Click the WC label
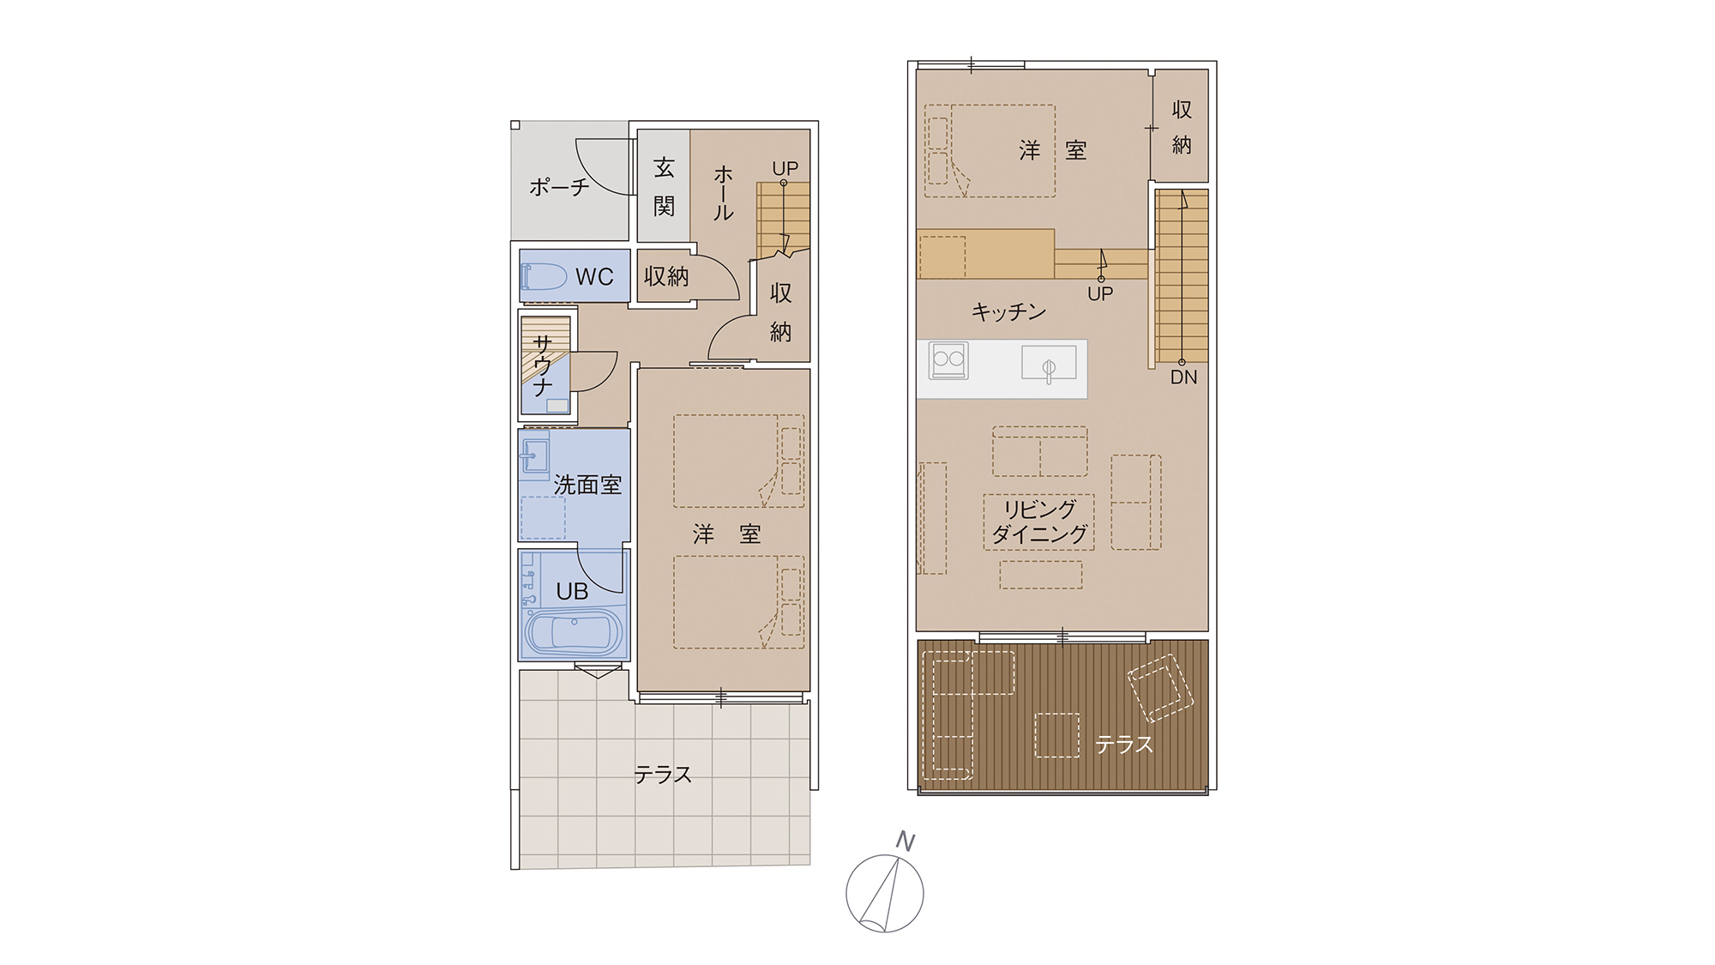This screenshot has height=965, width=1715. click(x=594, y=276)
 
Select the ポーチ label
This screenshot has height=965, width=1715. click(x=559, y=186)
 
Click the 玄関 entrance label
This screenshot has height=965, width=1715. click(x=664, y=187)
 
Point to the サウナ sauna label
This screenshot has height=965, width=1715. click(x=542, y=365)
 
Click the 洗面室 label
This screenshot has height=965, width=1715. click(x=587, y=485)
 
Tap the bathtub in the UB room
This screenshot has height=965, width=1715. click(x=573, y=633)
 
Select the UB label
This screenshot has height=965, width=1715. click(x=572, y=591)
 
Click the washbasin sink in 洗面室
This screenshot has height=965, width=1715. click(x=535, y=455)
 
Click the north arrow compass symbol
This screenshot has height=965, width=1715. click(x=884, y=893)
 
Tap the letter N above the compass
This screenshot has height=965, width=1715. click(x=905, y=841)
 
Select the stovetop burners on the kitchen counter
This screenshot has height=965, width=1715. click(x=948, y=360)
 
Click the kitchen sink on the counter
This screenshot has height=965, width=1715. click(x=1049, y=364)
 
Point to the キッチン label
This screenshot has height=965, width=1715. click(x=1008, y=311)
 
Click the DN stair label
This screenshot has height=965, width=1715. click(x=1183, y=377)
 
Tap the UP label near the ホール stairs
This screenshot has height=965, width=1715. click(x=785, y=168)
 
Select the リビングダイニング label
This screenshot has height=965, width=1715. click(x=1039, y=522)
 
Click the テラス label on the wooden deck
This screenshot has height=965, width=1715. click(x=1124, y=744)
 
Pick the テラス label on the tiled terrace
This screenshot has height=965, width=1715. click(x=663, y=775)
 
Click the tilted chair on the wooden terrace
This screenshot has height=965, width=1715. click(x=1160, y=688)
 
